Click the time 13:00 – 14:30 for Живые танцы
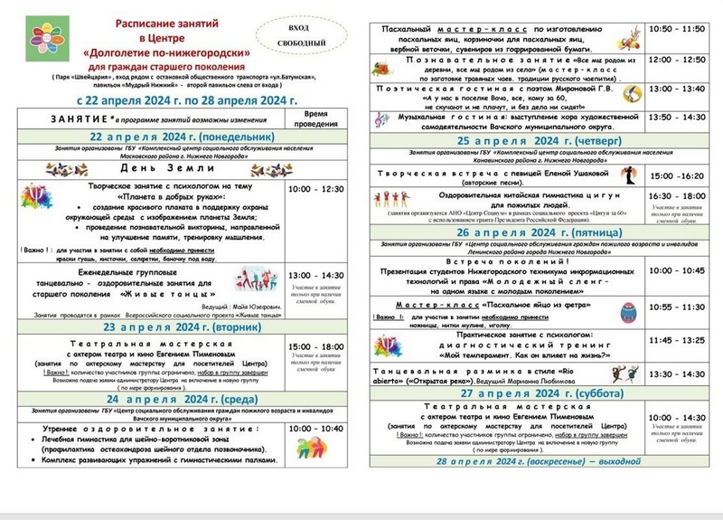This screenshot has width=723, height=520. pyautogui.click(x=315, y=275)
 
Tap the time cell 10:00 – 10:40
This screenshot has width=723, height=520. pyautogui.click(x=315, y=429)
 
